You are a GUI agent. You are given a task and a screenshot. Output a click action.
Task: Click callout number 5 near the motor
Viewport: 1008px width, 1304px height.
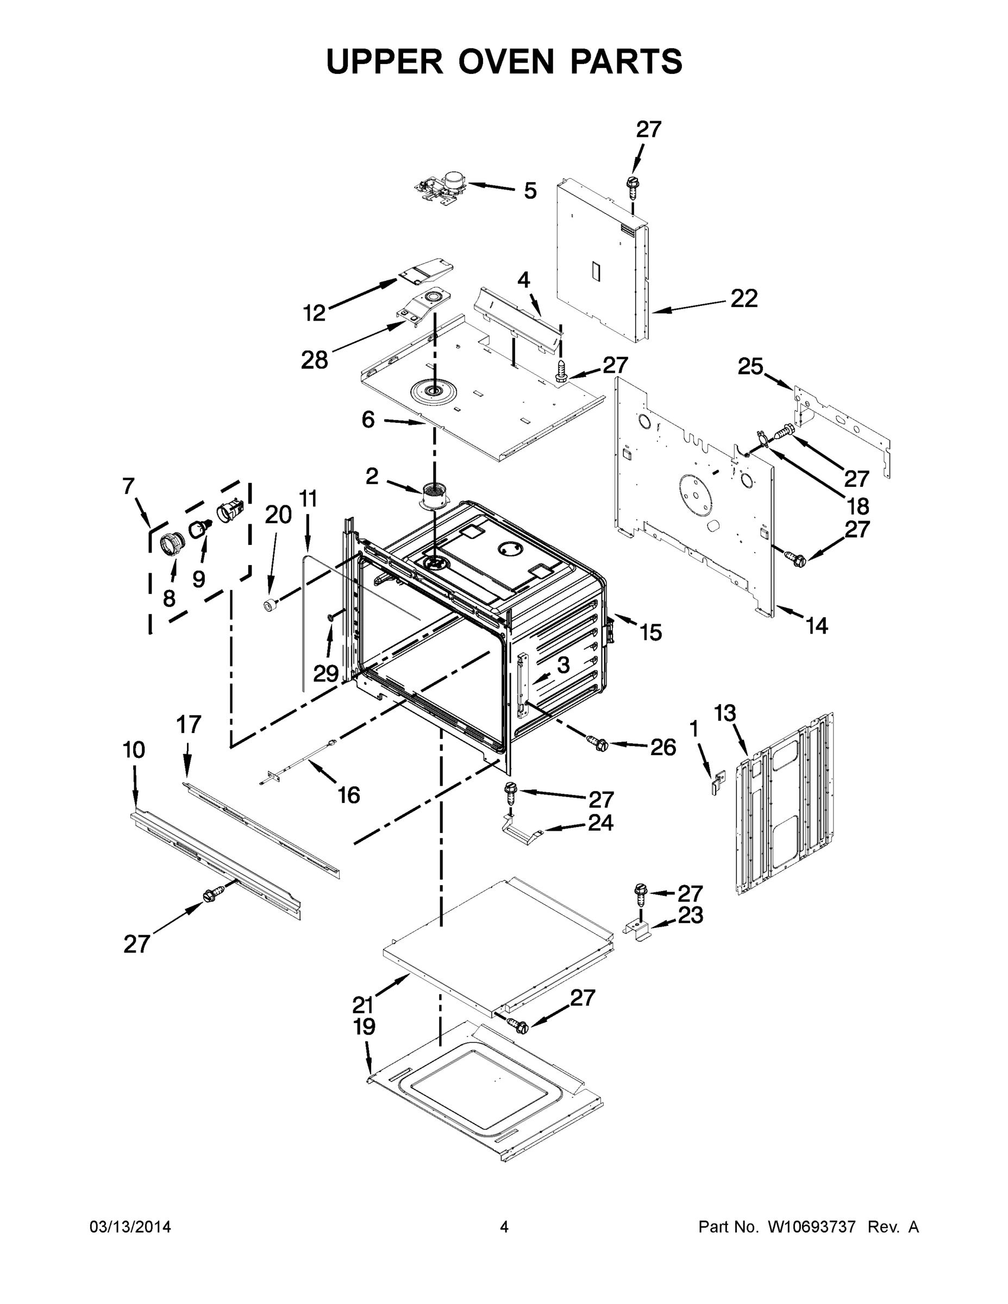[x=530, y=191]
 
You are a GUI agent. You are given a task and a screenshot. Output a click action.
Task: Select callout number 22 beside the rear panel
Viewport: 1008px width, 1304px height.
[x=744, y=298]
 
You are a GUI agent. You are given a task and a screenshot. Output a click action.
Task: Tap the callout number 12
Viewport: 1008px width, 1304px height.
[x=314, y=312]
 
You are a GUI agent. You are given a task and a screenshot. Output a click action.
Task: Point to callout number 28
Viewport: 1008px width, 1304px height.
[x=314, y=360]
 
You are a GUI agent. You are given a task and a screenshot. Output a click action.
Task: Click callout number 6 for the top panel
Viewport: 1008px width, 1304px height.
[x=368, y=420]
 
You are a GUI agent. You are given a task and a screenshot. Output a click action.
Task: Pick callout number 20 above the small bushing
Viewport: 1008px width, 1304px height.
[x=278, y=514]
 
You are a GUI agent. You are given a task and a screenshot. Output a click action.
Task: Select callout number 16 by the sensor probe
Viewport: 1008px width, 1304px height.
[x=349, y=795]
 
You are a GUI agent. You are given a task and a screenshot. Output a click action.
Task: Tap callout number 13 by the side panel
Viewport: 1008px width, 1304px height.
[x=725, y=713]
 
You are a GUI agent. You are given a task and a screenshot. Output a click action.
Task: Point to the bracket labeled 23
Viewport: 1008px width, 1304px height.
[x=638, y=930]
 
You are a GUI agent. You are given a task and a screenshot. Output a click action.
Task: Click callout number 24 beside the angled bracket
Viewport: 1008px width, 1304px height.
[x=601, y=823]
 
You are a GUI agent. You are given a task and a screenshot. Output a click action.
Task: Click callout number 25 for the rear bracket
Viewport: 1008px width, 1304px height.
[x=750, y=366]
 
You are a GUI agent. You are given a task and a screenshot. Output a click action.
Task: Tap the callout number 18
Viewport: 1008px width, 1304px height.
[x=858, y=506]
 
